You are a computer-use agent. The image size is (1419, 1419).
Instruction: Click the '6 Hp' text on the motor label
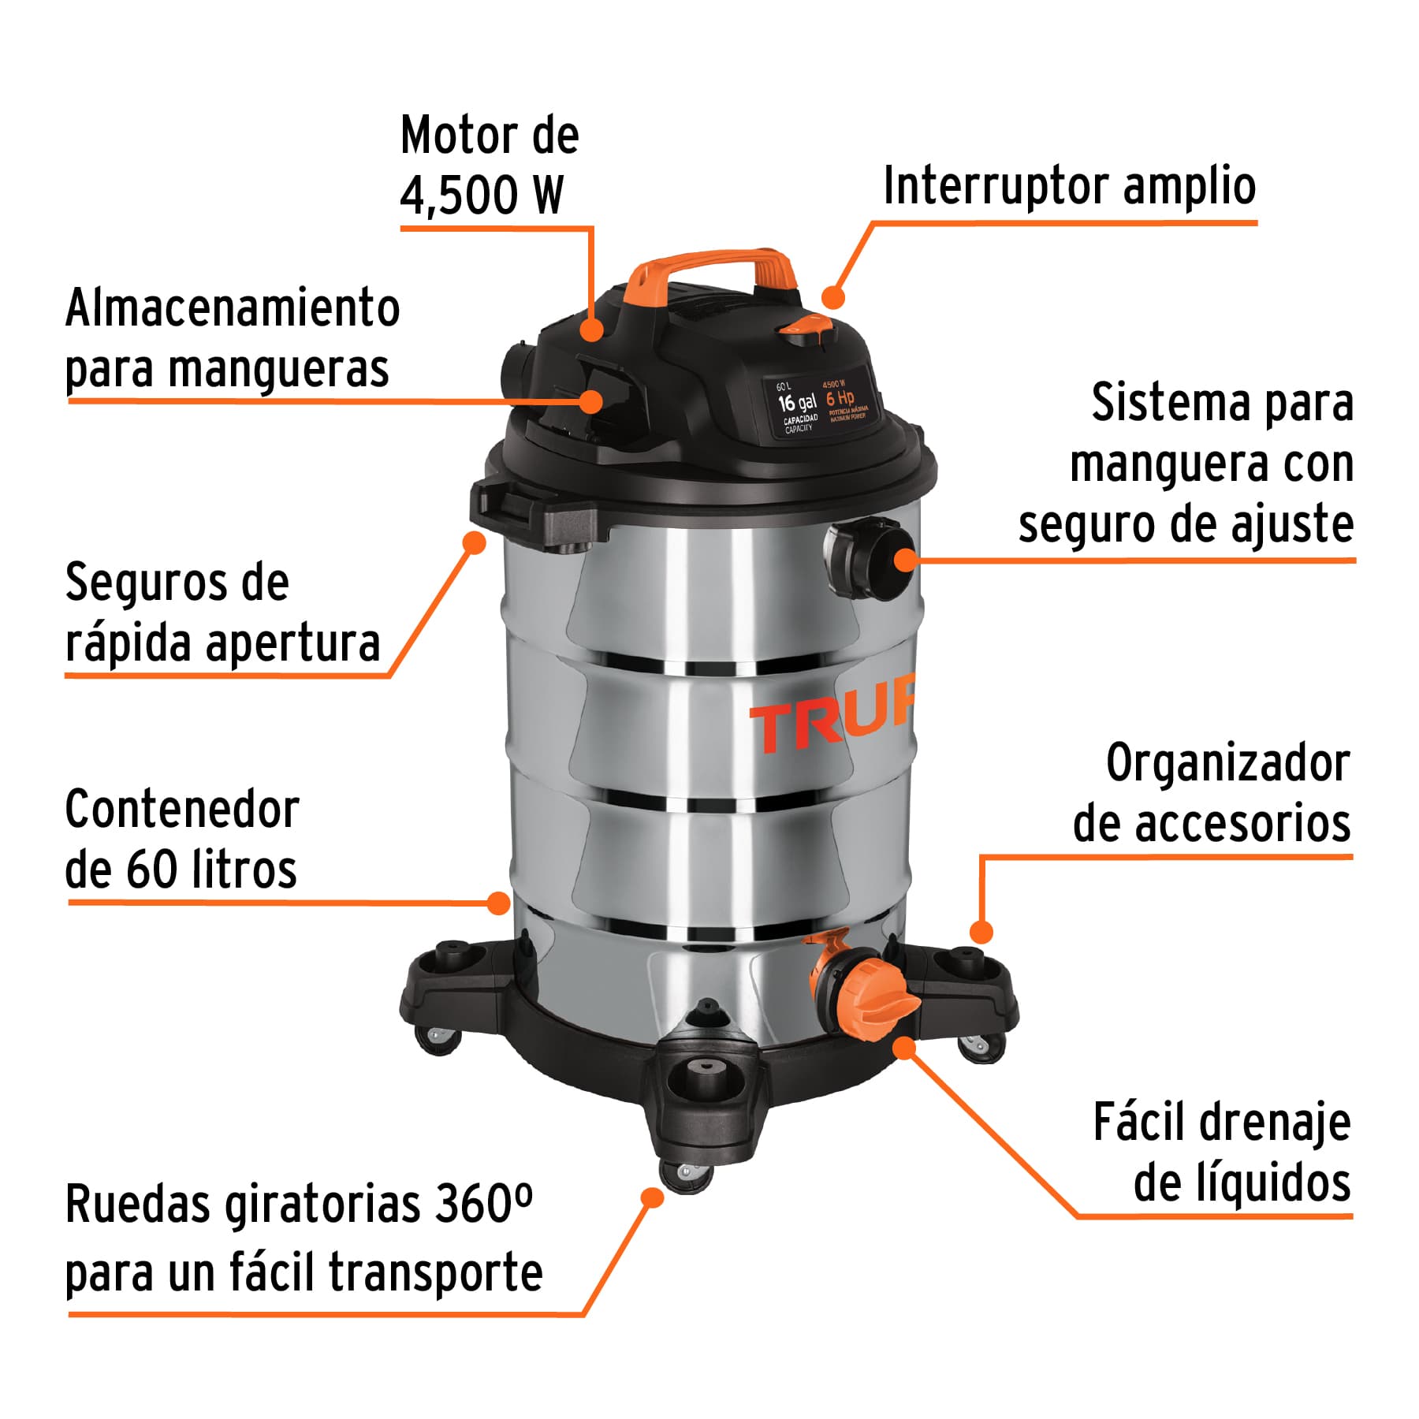tap(840, 398)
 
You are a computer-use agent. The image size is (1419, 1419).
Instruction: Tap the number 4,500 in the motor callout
tap(457, 195)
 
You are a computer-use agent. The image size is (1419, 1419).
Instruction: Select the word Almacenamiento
tap(233, 308)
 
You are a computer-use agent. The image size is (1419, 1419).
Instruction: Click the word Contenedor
tap(182, 810)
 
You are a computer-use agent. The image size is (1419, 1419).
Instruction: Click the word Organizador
tap(1227, 764)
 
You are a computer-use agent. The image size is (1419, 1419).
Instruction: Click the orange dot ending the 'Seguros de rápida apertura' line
tap(474, 542)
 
